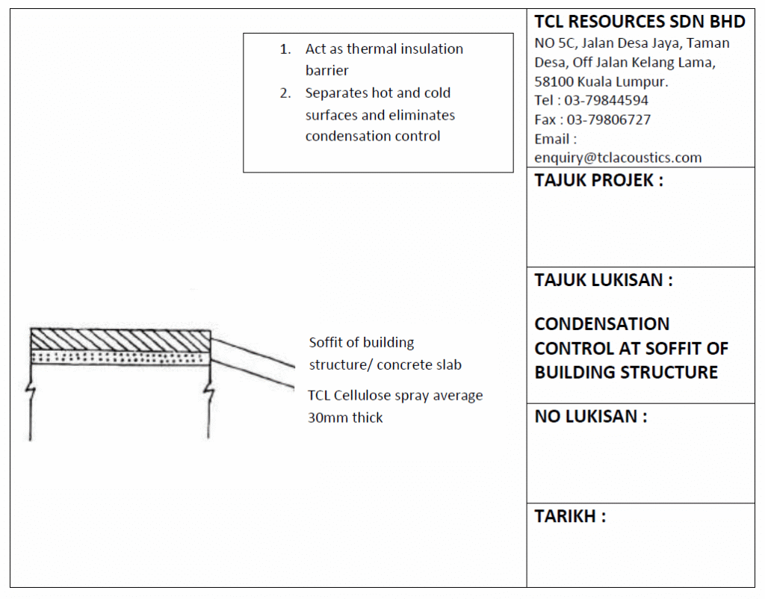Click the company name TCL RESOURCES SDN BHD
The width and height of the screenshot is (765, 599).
click(639, 21)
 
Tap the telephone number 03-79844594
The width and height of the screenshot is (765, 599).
click(606, 100)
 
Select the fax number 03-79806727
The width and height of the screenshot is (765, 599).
click(608, 120)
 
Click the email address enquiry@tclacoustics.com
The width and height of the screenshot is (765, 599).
click(618, 158)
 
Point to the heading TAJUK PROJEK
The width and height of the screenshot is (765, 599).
click(598, 181)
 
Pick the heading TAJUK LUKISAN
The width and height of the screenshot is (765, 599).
click(604, 280)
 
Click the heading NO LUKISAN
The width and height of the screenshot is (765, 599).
click(590, 417)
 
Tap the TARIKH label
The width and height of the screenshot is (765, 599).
click(569, 516)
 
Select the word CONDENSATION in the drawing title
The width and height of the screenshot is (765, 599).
click(601, 324)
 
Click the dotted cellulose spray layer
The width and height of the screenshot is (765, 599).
click(120, 357)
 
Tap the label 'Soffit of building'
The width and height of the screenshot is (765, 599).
click(362, 343)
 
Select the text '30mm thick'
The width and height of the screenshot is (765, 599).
click(345, 418)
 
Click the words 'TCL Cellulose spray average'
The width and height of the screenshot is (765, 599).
click(395, 395)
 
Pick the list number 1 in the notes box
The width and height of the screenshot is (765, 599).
click(285, 49)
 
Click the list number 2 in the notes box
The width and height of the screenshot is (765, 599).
click(285, 93)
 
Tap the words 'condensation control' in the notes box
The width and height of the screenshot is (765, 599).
click(373, 136)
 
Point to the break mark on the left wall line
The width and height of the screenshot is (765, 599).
click(30, 388)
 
